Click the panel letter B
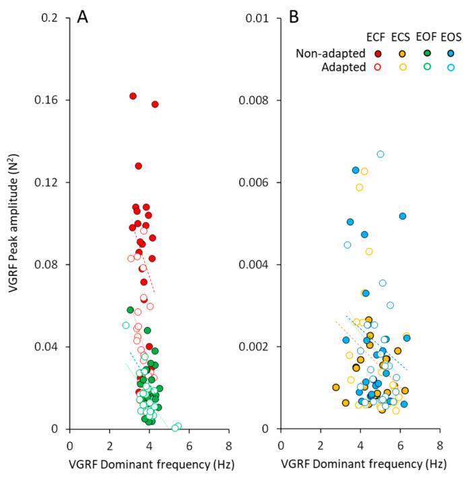[294, 17]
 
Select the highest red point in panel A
[133, 96]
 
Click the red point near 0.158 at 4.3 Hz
[155, 104]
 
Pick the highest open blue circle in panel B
[380, 154]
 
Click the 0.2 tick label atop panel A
[51, 17]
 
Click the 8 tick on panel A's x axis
[229, 444]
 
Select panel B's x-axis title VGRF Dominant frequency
[360, 464]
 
